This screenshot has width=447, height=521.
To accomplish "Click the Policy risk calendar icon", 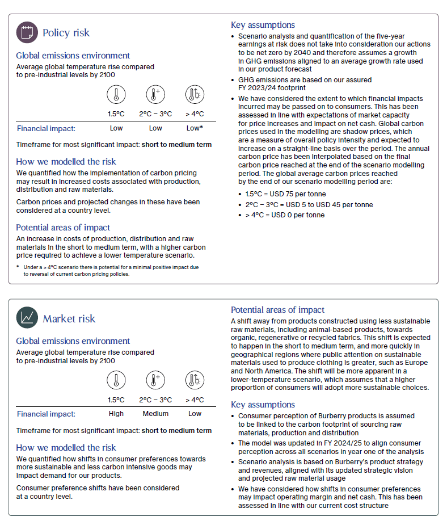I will point(27,32).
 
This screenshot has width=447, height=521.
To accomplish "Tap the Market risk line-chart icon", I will point(27,318).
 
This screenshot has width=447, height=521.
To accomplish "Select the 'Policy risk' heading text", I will point(66,33).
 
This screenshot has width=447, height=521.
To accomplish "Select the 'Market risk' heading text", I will point(69,319).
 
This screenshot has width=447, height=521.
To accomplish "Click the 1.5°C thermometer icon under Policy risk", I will point(116,94).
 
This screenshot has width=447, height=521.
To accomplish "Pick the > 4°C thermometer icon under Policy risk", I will point(195,94).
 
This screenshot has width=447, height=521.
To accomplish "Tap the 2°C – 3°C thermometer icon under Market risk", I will point(155,380).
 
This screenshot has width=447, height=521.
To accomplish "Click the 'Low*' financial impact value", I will point(195,128).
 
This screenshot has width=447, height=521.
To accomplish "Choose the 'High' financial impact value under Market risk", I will point(116,414).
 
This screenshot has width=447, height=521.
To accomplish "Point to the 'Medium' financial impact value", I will point(155,414).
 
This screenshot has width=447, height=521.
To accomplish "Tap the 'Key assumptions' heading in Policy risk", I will point(263,25).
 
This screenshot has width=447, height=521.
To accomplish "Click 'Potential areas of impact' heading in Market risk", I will point(277,310).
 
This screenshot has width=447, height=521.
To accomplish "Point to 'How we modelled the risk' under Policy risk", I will point(66,162).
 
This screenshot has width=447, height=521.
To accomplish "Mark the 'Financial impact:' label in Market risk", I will point(46,414).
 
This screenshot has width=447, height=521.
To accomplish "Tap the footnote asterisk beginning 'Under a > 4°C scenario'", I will point(18,267).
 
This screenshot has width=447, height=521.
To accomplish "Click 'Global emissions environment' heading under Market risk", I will point(73,341).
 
